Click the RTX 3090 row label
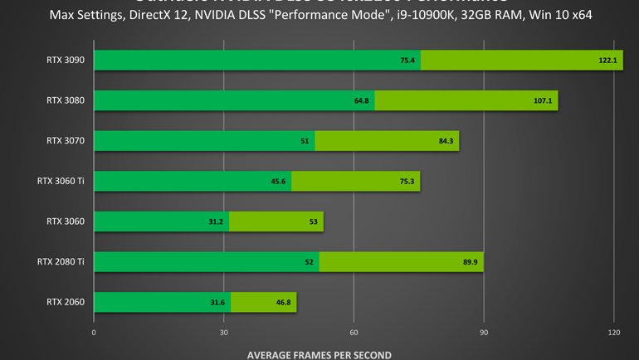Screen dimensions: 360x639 (66, 60)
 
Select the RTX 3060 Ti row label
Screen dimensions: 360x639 (60, 181)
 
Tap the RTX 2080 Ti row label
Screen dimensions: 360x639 (60, 262)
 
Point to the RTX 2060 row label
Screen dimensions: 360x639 (66, 302)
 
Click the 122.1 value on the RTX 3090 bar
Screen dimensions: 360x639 (610, 61)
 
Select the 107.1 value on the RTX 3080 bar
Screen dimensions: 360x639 (545, 101)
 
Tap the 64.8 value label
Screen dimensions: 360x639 (361, 101)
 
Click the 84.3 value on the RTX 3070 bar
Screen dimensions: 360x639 (446, 141)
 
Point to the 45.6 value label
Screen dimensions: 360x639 (278, 182)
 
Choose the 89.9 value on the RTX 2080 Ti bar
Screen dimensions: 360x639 (470, 262)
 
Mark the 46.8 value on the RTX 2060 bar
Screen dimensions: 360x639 (282, 303)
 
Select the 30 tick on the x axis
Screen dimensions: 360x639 (224, 332)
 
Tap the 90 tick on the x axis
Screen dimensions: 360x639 (484, 332)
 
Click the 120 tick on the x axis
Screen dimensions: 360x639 (613, 332)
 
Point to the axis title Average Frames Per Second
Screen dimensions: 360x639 (319, 353)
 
